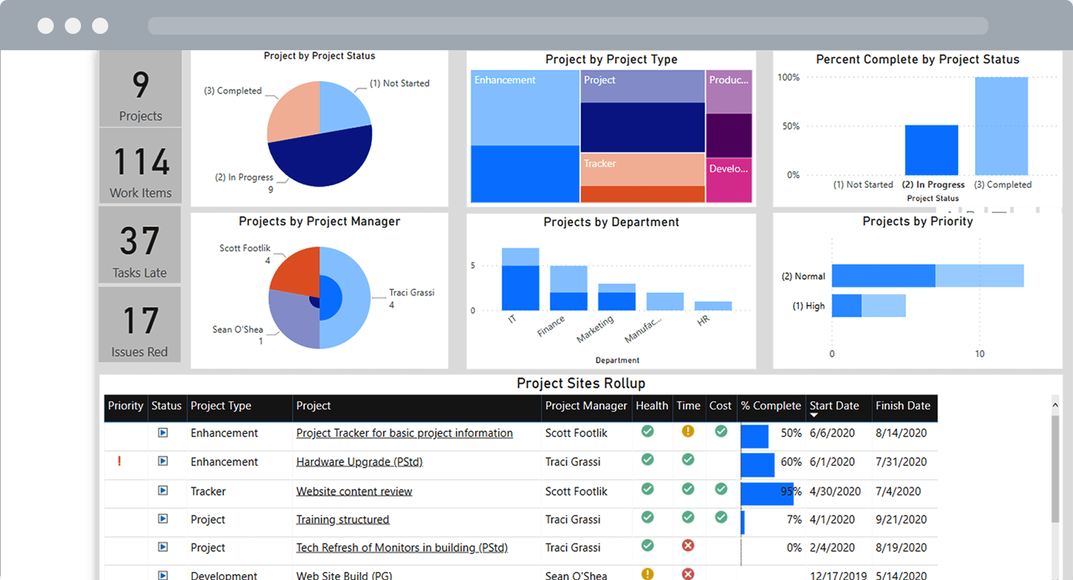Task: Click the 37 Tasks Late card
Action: coord(140,245)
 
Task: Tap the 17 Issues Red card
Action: coord(140,324)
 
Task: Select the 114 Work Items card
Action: coord(140,165)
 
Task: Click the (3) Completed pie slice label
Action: coord(233,91)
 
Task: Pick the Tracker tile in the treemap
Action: coord(642,169)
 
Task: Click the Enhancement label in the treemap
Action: coord(505,80)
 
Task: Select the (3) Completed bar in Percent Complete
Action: coord(1002,125)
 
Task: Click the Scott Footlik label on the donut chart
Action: coord(244,248)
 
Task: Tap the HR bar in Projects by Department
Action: coord(713,306)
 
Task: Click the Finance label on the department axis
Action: coord(552,326)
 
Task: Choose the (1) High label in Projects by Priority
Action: coord(808,306)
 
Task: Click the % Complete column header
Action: coord(771,406)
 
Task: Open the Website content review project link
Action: coord(354,492)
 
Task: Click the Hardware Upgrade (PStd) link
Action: coord(359,462)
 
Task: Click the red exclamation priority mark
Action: coord(119,461)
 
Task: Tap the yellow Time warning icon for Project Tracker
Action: coord(688,431)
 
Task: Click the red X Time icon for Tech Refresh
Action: coord(688,546)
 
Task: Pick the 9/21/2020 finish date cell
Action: coord(901,520)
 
